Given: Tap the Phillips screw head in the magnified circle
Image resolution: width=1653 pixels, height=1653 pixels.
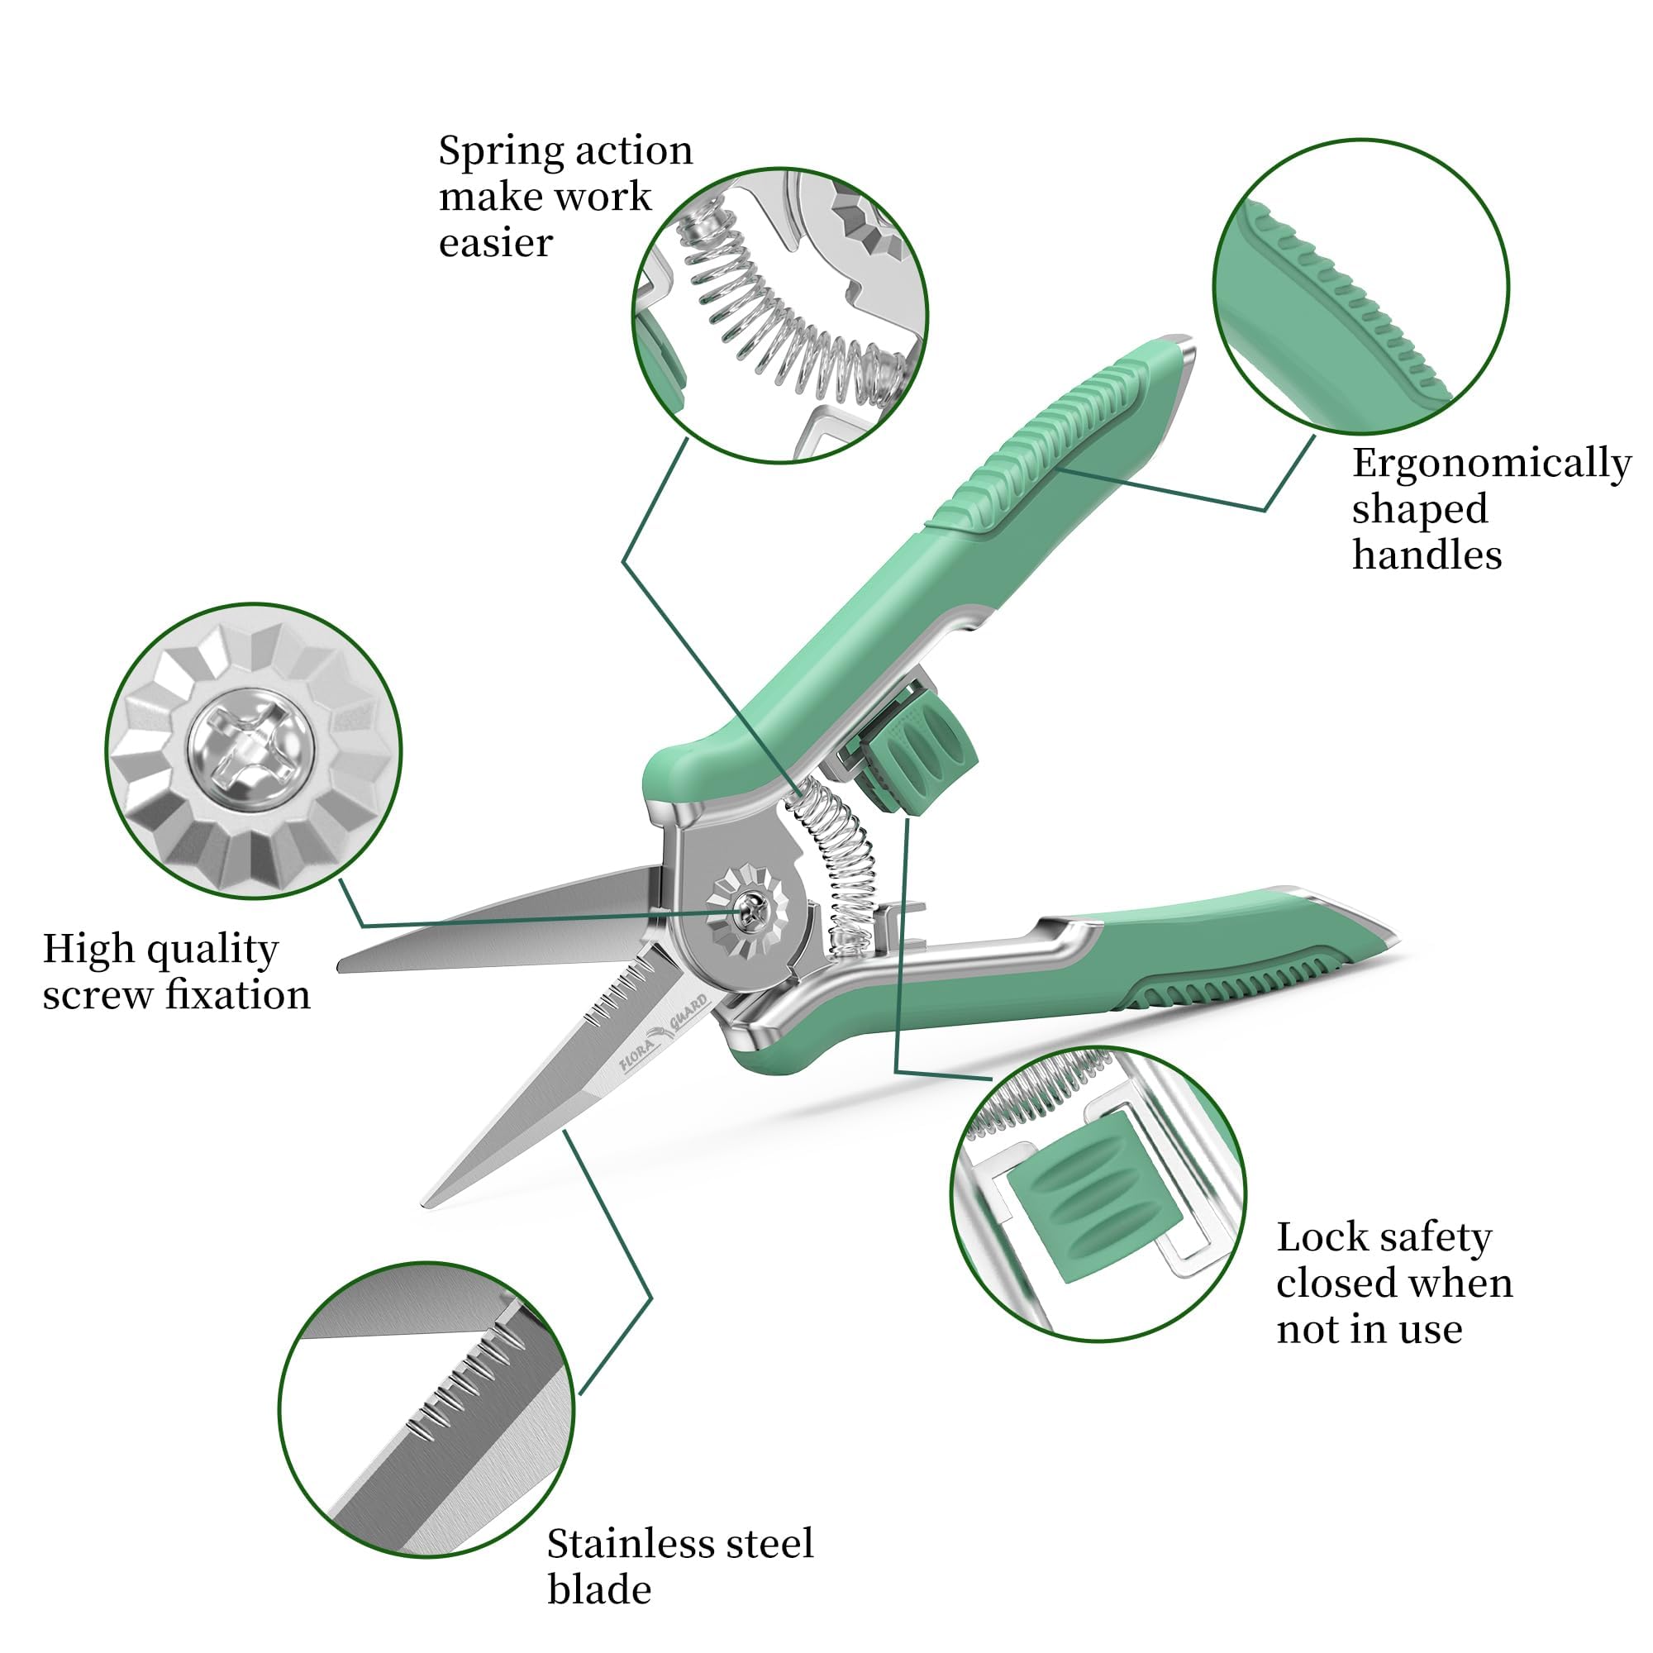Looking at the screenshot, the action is tap(250, 741).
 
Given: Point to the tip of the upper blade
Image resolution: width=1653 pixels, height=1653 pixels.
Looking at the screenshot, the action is tap(341, 966).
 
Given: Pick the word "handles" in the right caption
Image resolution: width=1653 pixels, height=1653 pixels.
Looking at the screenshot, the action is tap(1427, 556).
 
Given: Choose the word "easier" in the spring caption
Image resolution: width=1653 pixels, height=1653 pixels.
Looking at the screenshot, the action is tap(496, 244).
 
